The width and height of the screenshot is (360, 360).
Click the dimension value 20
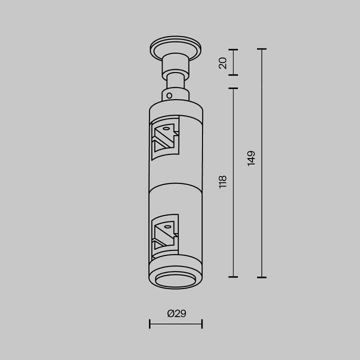(223, 62)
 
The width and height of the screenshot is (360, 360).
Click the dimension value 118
(223, 181)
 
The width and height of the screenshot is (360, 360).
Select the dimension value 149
(251, 158)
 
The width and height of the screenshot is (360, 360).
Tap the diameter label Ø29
(176, 313)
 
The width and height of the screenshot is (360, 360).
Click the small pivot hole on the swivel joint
(169, 95)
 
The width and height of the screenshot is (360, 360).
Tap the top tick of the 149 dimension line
(261, 49)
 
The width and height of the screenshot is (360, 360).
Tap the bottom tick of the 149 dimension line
(261, 277)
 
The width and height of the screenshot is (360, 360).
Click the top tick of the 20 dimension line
(233, 49)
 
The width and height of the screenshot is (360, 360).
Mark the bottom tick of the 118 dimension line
(233, 276)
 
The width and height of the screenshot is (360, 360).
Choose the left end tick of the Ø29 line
(150, 324)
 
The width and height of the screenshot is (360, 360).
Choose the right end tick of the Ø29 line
(202, 324)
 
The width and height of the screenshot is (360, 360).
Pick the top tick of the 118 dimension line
(233, 88)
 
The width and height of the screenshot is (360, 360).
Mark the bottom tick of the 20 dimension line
(233, 75)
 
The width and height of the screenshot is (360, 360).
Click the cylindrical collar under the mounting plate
(175, 65)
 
